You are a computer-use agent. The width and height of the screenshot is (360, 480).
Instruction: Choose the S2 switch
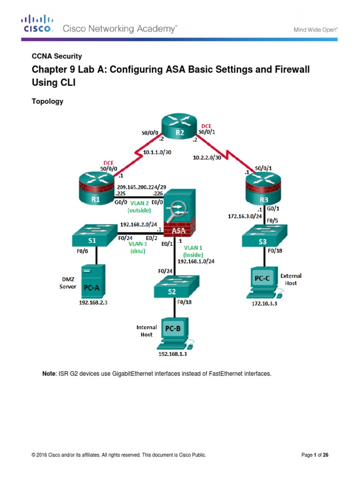click(177, 286)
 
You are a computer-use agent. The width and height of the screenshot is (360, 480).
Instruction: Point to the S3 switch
click(265, 236)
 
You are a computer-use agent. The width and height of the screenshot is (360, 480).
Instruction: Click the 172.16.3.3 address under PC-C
click(263, 303)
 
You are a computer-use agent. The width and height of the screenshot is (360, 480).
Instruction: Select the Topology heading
click(47, 101)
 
